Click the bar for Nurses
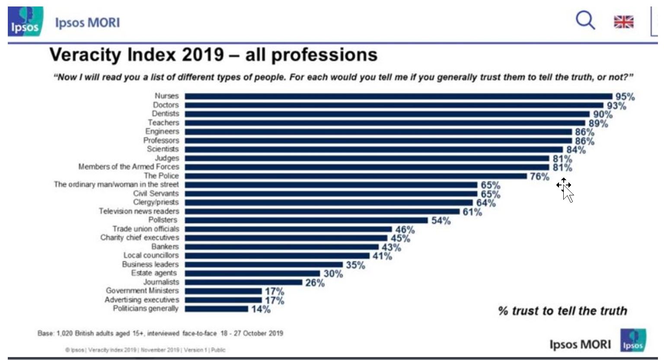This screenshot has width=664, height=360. click(398, 96)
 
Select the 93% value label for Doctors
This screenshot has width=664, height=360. click(616, 106)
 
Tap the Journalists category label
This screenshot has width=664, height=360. click(161, 282)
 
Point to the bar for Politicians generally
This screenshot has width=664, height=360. click(216, 309)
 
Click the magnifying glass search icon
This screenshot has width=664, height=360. click(585, 20)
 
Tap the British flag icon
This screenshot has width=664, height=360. click(623, 22)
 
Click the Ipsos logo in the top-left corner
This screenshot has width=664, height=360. click(25, 21)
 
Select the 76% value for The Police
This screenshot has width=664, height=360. click(539, 176)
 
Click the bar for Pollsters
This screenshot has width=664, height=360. click(306, 220)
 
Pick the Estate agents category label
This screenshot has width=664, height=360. click(154, 273)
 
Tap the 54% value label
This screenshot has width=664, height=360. click(441, 221)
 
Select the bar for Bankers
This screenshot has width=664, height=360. click(281, 247)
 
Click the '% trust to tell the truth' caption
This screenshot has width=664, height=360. click(562, 311)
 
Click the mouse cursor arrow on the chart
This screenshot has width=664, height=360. click(568, 193)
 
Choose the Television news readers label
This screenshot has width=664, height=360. click(138, 211)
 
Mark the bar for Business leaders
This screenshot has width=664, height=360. click(264, 264)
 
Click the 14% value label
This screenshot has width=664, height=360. click(261, 309)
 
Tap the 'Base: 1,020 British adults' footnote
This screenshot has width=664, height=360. click(160, 333)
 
